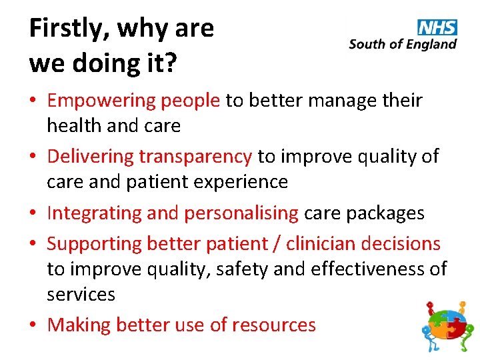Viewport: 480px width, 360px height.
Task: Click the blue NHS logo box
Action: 437,27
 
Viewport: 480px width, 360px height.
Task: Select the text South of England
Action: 403,45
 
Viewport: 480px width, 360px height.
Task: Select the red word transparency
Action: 195,157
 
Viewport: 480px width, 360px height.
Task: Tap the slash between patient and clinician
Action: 276,244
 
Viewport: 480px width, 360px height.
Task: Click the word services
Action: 81,294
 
